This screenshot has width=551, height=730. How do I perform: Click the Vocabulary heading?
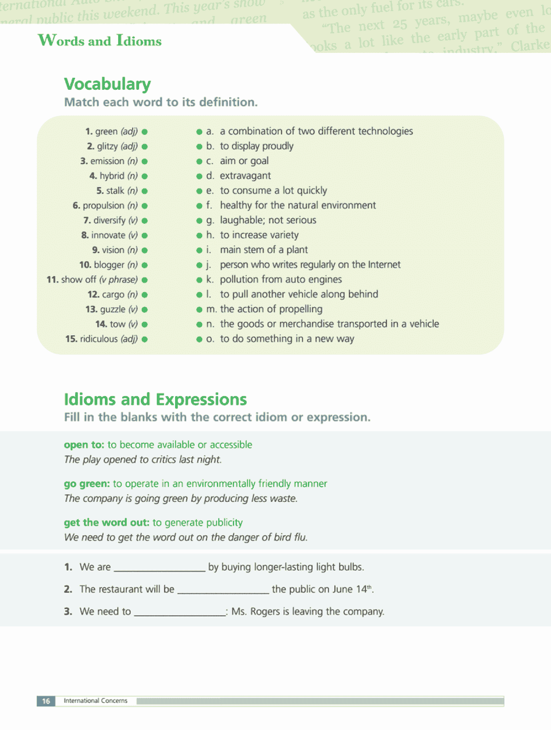pos(108,84)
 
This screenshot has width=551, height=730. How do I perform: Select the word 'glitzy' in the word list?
pos(108,146)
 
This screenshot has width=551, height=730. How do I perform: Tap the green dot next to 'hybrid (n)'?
pos(145,176)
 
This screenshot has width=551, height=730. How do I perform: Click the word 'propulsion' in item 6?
pos(104,206)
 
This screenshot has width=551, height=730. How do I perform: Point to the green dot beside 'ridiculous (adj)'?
pos(145,339)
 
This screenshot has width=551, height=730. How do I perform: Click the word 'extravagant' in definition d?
pos(245,176)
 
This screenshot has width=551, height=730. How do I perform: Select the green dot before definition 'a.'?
pos(200,132)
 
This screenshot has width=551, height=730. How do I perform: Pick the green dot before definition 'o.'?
pos(200,340)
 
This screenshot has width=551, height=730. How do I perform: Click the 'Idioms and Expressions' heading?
pos(155,399)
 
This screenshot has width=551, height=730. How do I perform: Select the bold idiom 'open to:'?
pos(84,445)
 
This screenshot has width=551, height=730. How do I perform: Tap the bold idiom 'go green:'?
pos(87,484)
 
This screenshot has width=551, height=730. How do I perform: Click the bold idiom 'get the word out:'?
pos(107,522)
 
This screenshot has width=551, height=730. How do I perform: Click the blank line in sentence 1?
pos(160,568)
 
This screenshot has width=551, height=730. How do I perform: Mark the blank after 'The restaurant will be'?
pos(223,590)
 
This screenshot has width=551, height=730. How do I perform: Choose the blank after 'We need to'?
pos(180,613)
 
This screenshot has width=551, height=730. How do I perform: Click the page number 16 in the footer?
pos(46,701)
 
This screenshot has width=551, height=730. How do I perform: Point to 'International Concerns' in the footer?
pos(96,701)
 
